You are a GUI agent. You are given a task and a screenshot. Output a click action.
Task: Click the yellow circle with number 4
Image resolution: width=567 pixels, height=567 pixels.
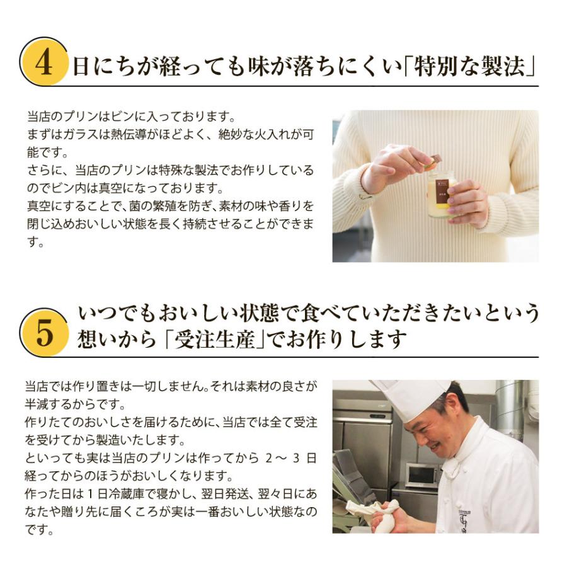click(44, 62)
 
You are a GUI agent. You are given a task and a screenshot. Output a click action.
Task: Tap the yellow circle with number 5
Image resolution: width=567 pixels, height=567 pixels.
click(44, 332)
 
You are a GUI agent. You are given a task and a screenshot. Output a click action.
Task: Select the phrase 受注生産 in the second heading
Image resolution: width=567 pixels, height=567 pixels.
click(215, 339)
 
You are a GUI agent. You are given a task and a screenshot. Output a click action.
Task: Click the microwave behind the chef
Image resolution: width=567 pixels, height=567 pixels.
click(422, 474)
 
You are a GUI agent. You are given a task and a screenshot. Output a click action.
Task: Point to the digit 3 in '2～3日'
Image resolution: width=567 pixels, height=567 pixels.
click(296, 458)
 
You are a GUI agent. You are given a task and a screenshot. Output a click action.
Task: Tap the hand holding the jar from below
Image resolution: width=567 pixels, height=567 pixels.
click(467, 202)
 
